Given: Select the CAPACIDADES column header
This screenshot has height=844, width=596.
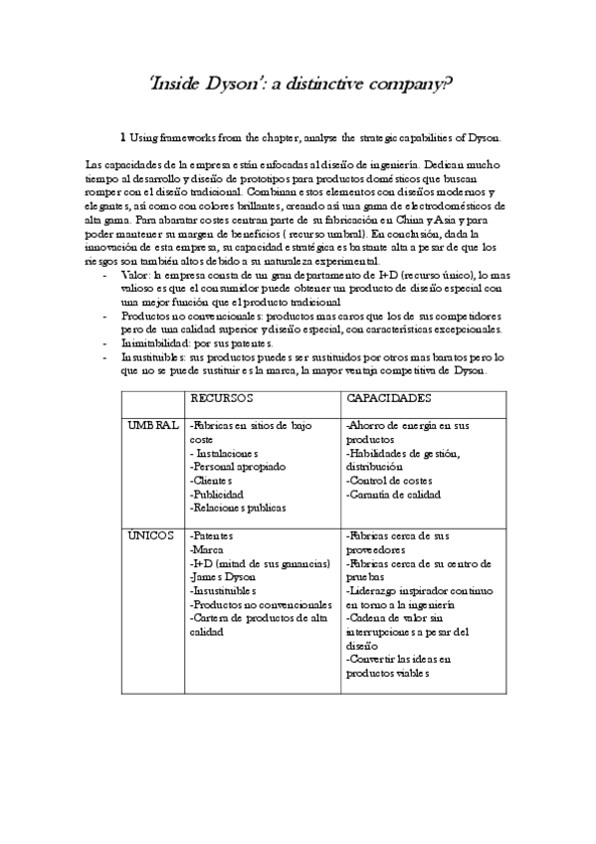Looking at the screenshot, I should [388, 398].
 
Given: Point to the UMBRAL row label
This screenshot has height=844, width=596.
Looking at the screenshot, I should [152, 425].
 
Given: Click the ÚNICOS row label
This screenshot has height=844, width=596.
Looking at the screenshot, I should [152, 535].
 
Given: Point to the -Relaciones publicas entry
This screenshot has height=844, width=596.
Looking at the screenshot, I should [237, 508].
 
